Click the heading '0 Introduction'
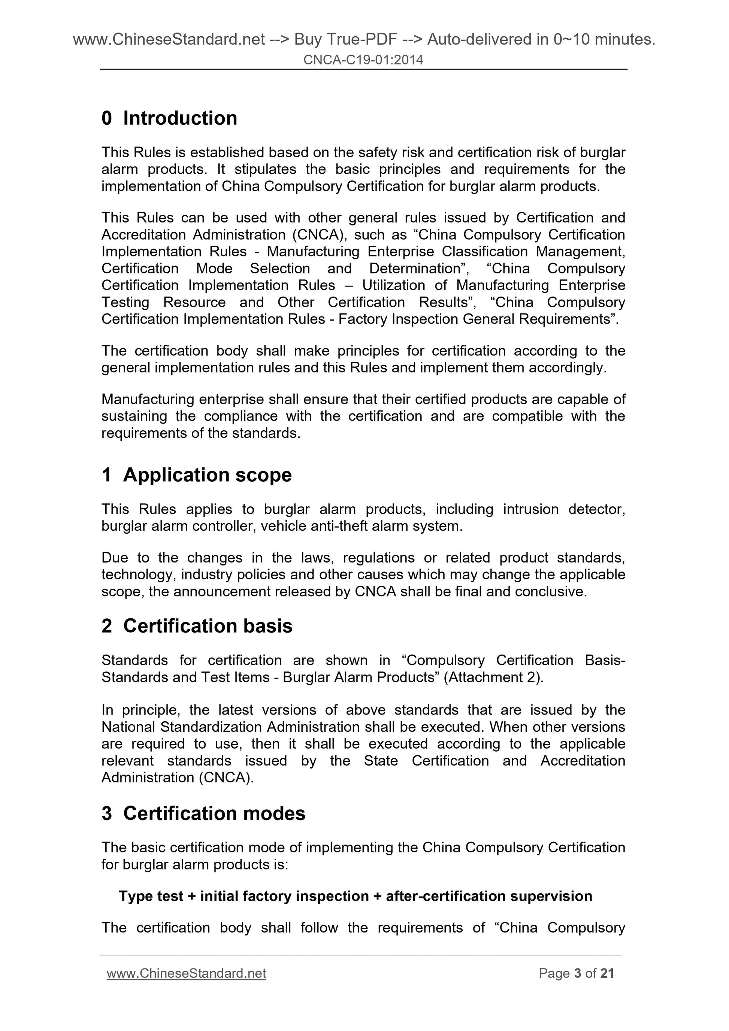169,118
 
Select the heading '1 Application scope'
196,474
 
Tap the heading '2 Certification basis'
197,625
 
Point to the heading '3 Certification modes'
203,813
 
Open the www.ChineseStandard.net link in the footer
187,973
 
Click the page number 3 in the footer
578,973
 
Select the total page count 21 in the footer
607,973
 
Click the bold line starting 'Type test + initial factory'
355,896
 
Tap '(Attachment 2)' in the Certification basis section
493,677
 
